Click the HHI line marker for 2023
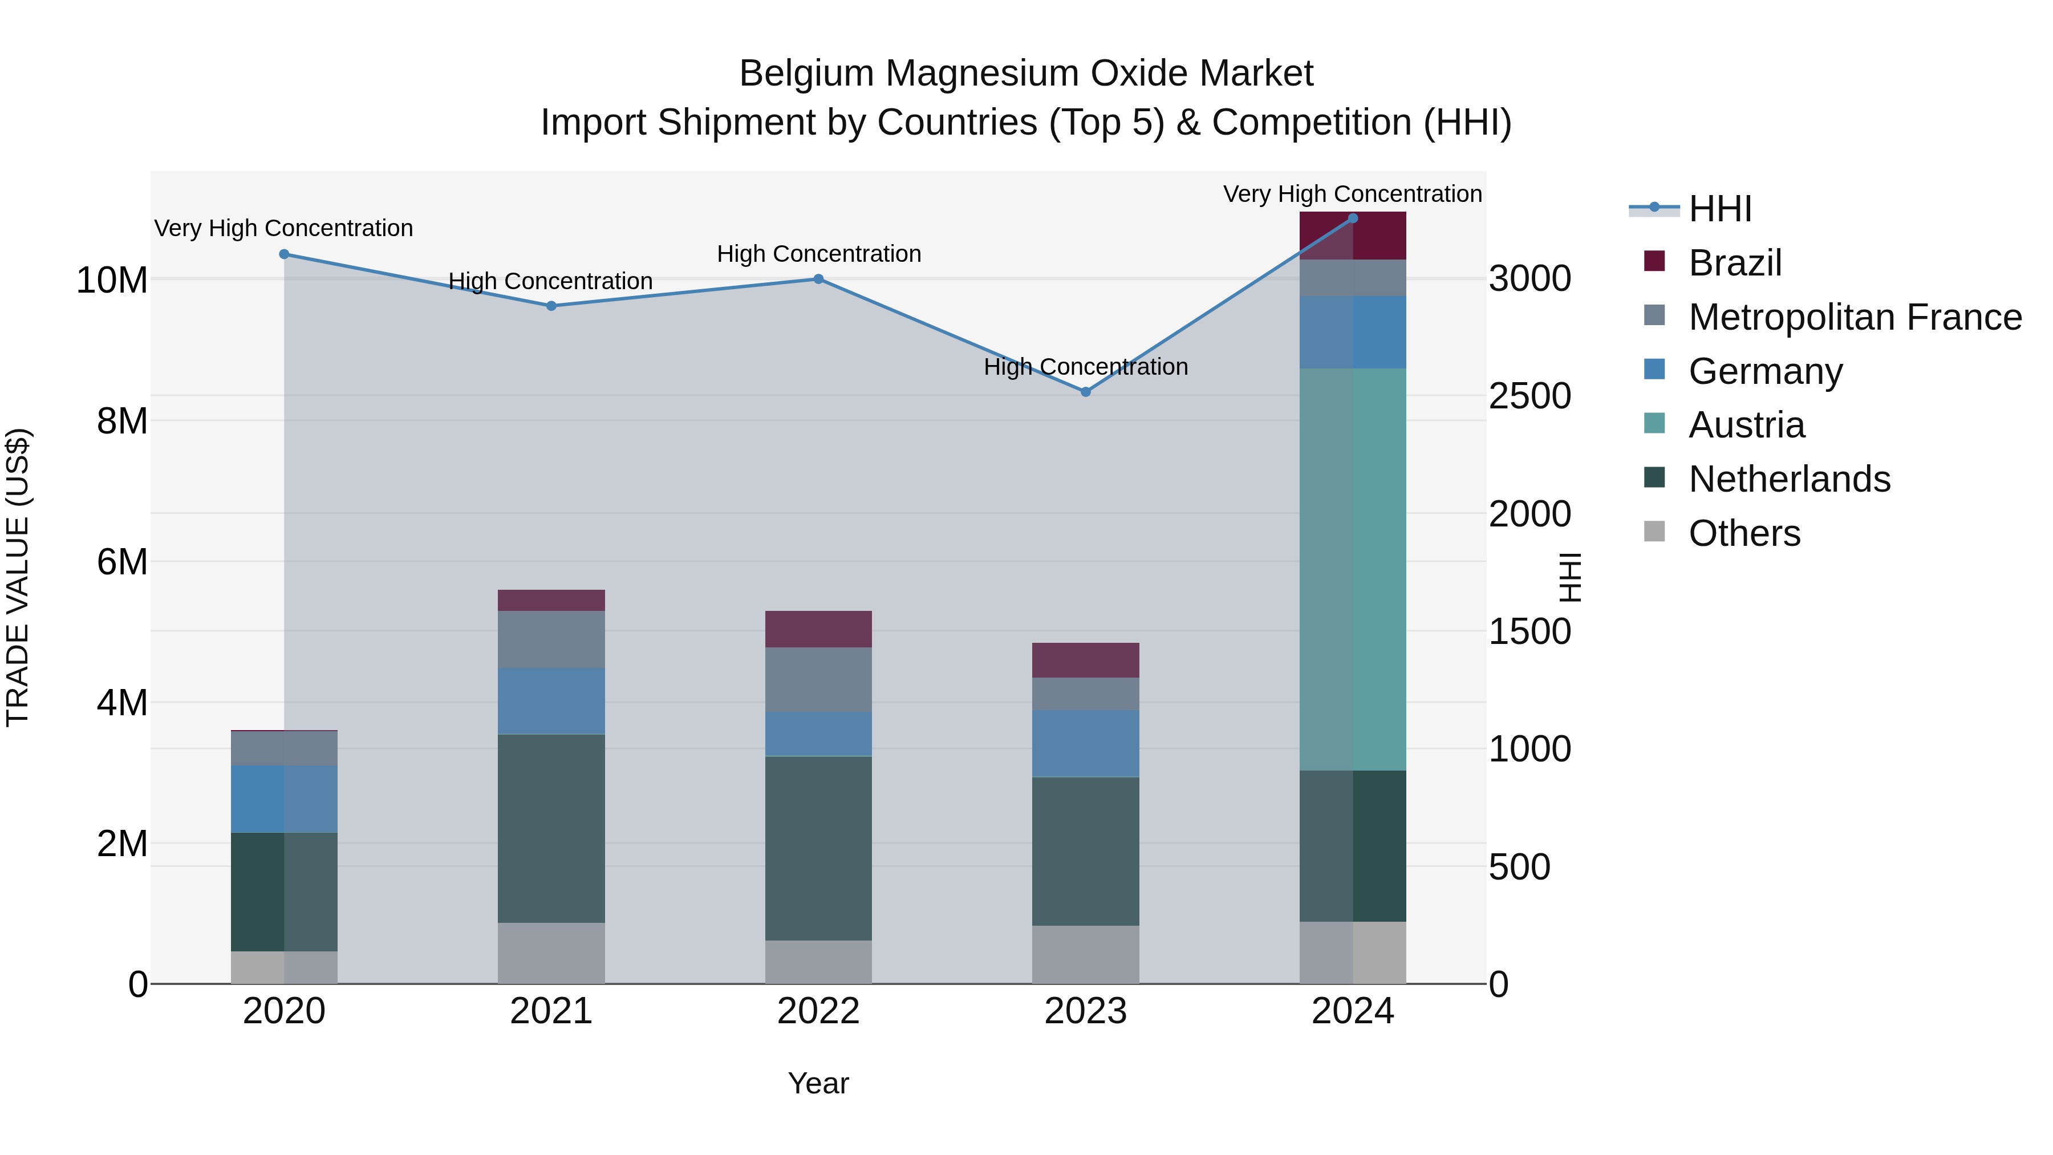click(1085, 391)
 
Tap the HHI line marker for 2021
click(551, 305)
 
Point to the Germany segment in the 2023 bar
click(1085, 743)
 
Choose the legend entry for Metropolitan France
click(1855, 317)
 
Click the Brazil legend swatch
click(1654, 261)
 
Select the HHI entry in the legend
click(1719, 209)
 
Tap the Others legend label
click(1744, 533)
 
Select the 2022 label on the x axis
click(818, 1011)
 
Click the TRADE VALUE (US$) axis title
click(18, 577)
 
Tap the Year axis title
click(818, 1083)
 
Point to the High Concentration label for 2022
click(818, 253)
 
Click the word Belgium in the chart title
click(806, 74)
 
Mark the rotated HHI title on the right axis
click(1568, 577)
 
